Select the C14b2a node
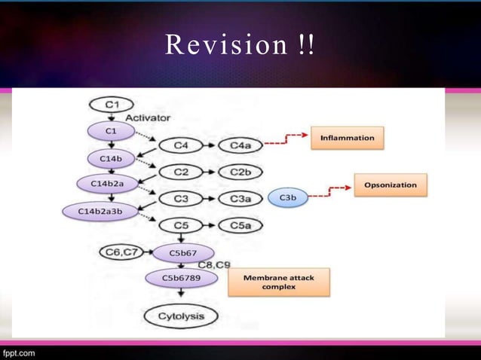point(106,184)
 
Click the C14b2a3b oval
point(101,212)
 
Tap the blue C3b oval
point(287,197)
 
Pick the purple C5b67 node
point(184,252)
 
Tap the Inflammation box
point(347,138)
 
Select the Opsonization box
point(391,185)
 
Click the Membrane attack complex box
point(278,283)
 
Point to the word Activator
point(147,117)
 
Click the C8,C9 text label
point(214,264)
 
